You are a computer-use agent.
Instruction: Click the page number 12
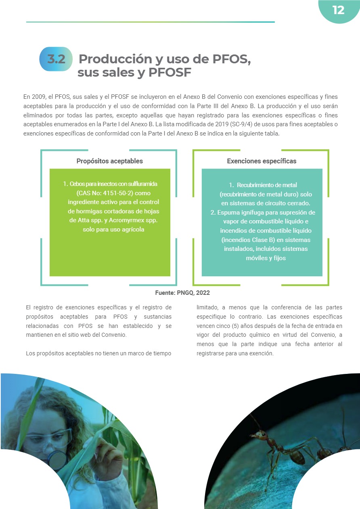[x=338, y=10]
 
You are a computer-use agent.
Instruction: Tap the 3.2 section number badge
[x=56, y=59]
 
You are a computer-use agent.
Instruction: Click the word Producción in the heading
[x=116, y=59]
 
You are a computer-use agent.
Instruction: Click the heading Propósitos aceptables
[x=109, y=161]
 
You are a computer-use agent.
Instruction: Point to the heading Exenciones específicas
[x=262, y=161]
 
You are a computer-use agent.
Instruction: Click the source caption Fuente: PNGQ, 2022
[x=182, y=293]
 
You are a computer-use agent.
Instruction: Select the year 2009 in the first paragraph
[x=40, y=97]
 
